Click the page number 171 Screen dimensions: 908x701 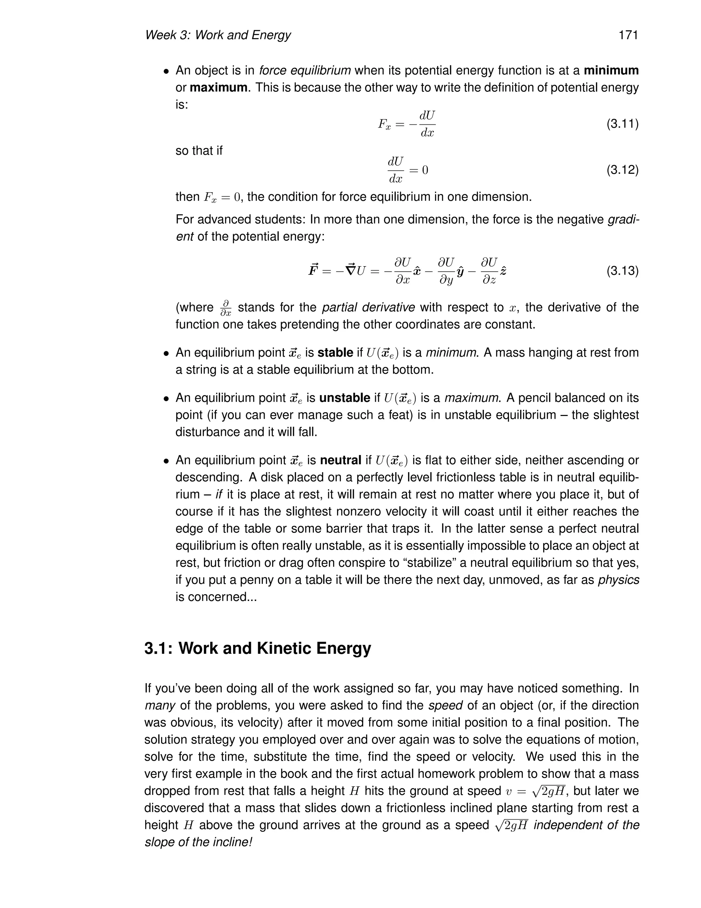[628, 35]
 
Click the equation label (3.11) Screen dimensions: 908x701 [622, 124]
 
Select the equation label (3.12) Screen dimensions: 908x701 [622, 170]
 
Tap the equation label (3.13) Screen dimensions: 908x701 [622, 271]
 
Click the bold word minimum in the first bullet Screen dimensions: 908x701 [611, 70]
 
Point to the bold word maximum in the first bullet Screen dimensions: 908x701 [218, 88]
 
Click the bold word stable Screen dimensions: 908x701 [335, 353]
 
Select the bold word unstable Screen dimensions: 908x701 [344, 398]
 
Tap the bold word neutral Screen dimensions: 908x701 [341, 460]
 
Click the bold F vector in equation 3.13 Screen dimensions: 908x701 [313, 270]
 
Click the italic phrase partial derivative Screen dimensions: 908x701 [368, 307]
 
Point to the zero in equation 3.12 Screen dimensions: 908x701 [425, 170]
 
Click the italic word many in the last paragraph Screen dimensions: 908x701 [160, 705]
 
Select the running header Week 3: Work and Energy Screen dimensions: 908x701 [218, 35]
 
